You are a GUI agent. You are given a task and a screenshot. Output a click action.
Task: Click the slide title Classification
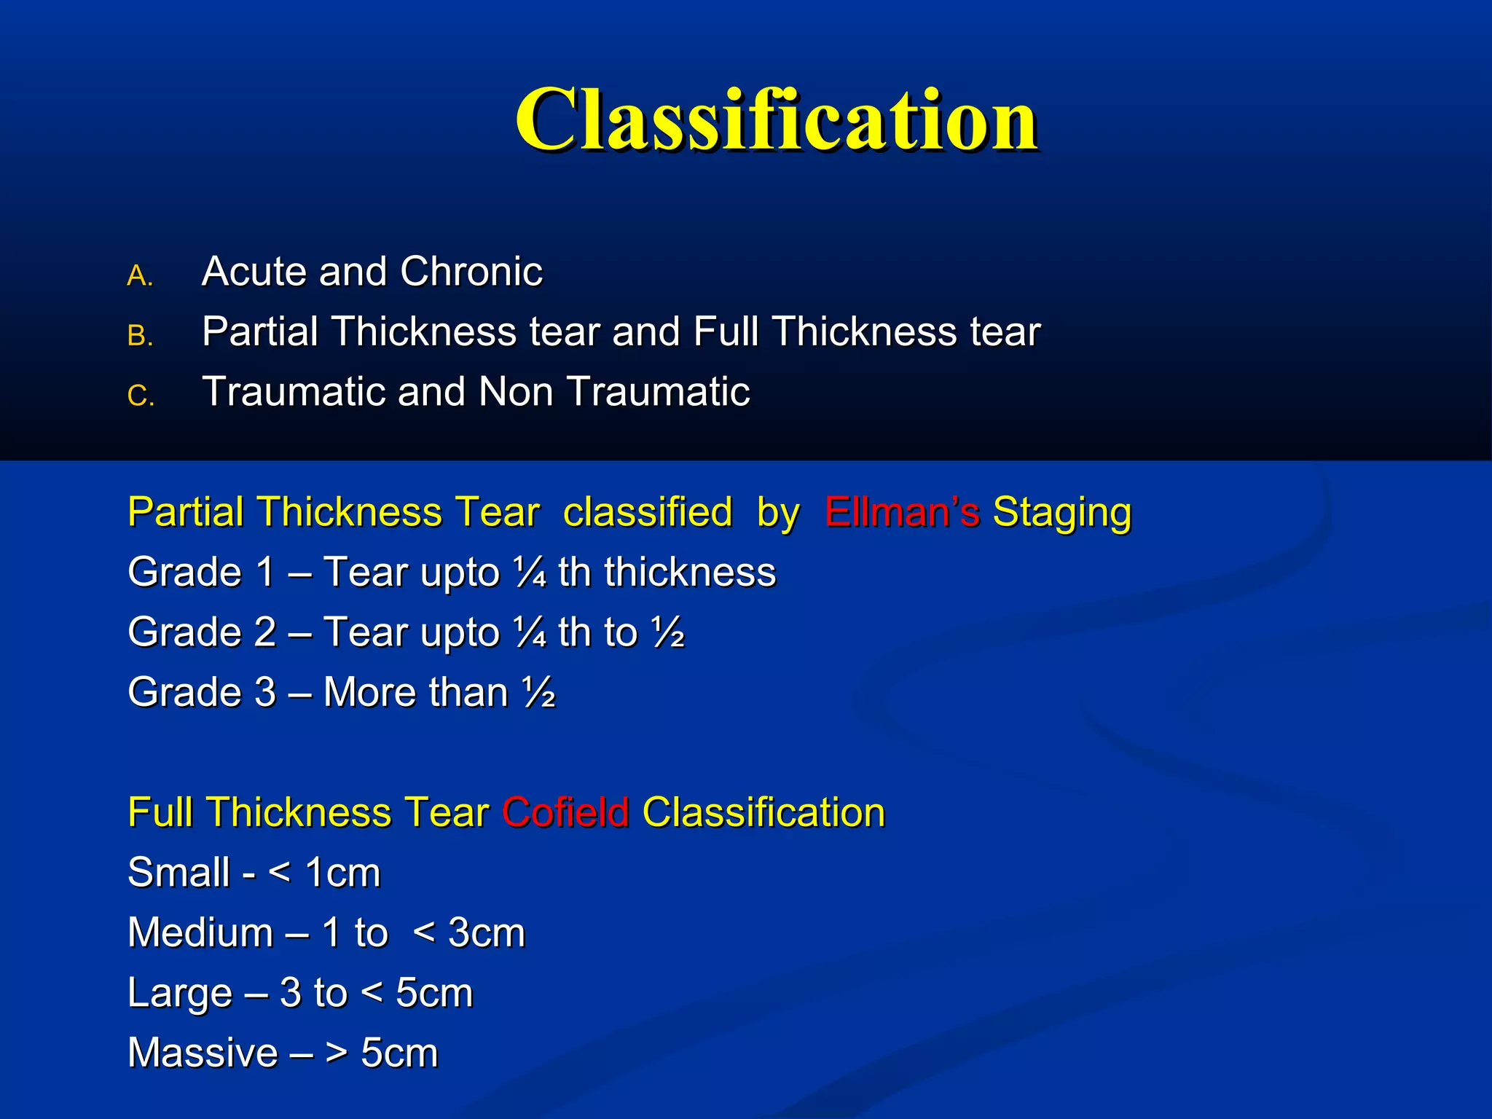[x=776, y=120]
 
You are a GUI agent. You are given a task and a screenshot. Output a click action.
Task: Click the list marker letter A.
[x=140, y=276]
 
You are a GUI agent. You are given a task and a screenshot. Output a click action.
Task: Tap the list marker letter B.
[x=140, y=336]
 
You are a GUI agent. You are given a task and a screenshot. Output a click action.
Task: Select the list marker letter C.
[x=141, y=396]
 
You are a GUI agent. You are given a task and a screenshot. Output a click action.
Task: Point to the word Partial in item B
[x=260, y=332]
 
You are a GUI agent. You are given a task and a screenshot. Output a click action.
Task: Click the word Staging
[x=1062, y=512]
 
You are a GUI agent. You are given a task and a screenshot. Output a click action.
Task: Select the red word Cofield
[x=565, y=812]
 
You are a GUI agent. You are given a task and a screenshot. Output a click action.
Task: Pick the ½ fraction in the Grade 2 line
[x=668, y=632]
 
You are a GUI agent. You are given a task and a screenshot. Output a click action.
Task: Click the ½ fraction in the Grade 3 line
[x=539, y=692]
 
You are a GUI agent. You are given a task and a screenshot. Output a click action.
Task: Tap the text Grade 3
[x=202, y=692]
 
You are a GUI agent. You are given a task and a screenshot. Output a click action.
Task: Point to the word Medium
[x=200, y=932]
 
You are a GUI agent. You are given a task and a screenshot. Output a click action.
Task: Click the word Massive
[x=203, y=1053]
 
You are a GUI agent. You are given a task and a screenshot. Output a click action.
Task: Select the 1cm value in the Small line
[x=342, y=873]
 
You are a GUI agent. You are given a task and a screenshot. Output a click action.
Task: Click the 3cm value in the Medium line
[x=487, y=932]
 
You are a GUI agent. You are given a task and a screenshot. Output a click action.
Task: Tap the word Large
[x=180, y=993]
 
